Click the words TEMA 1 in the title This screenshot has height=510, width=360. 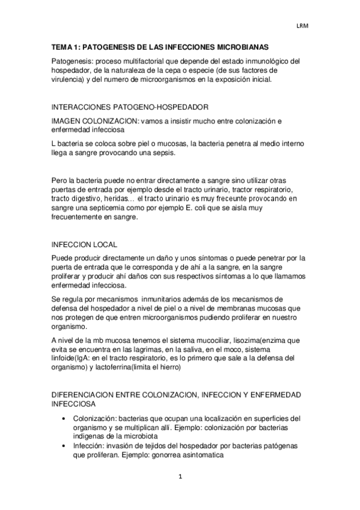click(64, 46)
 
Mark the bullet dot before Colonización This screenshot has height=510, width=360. click(64, 419)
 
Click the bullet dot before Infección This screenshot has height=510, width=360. click(64, 446)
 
